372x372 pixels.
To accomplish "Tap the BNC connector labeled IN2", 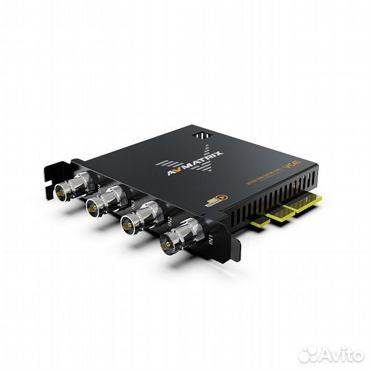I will (x=138, y=220).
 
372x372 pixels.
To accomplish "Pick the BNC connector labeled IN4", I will (x=78, y=182).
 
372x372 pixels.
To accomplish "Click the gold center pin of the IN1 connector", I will (x=169, y=242).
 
